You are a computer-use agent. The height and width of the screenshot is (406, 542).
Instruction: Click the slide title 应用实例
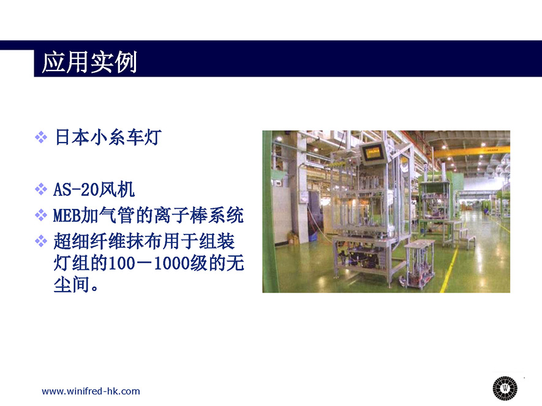tap(89, 62)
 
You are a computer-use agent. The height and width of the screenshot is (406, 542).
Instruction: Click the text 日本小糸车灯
tap(108, 137)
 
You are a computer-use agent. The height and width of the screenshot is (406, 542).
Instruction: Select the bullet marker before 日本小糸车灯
tap(41, 137)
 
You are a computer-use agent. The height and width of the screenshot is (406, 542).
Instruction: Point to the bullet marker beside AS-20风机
tap(41, 189)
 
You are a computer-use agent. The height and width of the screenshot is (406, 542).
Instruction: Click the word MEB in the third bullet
tap(66, 216)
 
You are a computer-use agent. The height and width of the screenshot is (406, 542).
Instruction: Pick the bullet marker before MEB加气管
tap(41, 215)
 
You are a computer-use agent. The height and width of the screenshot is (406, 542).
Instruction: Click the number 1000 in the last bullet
tap(171, 263)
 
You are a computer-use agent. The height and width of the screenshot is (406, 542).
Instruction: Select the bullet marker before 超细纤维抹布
tap(41, 241)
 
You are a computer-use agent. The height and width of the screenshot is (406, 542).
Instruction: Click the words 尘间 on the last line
tap(71, 285)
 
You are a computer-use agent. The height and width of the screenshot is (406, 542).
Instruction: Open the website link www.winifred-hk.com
tap(91, 391)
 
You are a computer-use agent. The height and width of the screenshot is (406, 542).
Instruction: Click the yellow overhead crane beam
tap(471, 151)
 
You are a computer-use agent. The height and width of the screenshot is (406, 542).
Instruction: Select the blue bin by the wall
tap(313, 238)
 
